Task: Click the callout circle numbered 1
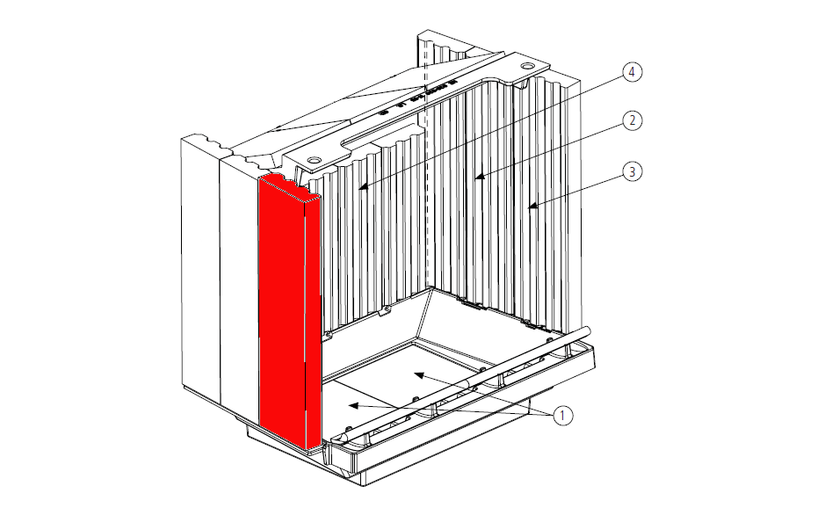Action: (562, 416)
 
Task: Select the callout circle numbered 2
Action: (633, 120)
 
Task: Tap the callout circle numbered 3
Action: (633, 171)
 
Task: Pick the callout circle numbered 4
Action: (633, 71)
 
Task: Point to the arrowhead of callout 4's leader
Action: (363, 186)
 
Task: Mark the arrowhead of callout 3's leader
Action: (532, 207)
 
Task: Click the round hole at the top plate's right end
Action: (526, 66)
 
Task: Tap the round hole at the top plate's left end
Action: (314, 158)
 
